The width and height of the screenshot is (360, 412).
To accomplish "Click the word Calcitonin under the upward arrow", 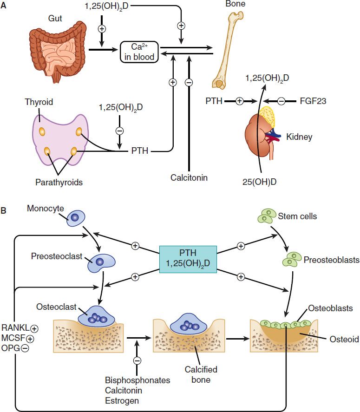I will pyautogui.click(x=189, y=177).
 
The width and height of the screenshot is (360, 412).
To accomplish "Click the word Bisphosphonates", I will pyautogui.click(x=137, y=380).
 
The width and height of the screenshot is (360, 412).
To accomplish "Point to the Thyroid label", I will pyautogui.click(x=39, y=102).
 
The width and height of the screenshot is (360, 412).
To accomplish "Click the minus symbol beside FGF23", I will pyautogui.click(x=281, y=100).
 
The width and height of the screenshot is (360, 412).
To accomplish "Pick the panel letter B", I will pyautogui.click(x=4, y=210).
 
